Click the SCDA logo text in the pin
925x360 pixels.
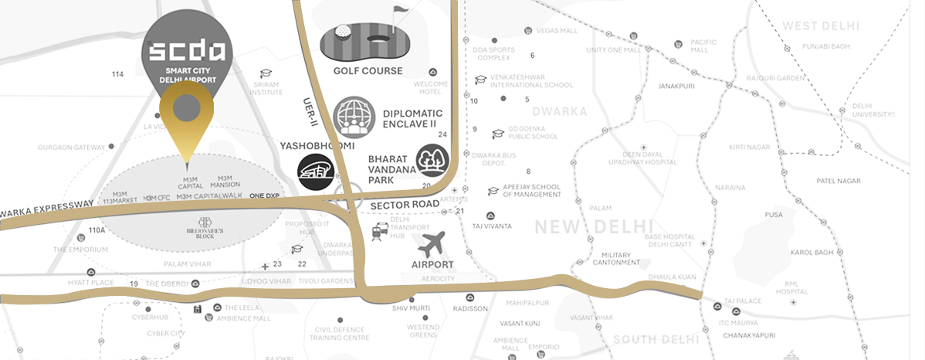coord(187,52)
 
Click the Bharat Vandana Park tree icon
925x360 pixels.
coord(431,161)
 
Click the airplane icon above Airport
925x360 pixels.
coord(432,244)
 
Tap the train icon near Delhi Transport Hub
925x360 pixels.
coord(379,230)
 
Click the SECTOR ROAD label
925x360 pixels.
coord(404,205)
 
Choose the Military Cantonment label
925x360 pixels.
coord(617,259)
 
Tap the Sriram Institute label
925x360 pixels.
coord(266,87)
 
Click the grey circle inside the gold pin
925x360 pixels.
coord(187,108)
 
